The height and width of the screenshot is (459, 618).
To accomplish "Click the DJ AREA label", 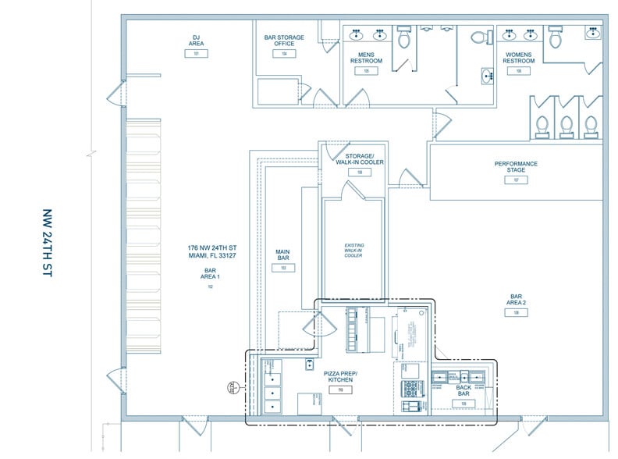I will (x=197, y=40).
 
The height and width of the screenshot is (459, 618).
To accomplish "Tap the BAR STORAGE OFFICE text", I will (x=284, y=41).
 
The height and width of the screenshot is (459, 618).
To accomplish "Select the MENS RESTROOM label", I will (x=365, y=57).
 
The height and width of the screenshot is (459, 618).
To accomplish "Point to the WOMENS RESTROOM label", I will (x=518, y=57).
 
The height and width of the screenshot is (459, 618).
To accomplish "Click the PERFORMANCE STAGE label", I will (x=516, y=167).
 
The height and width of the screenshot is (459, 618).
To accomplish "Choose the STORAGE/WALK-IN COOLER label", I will (x=360, y=159).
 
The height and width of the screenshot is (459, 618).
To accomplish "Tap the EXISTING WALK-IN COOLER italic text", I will (x=354, y=251).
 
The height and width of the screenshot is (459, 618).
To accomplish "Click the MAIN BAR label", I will (x=282, y=255).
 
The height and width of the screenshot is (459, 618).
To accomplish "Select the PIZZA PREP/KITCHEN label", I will (x=340, y=377).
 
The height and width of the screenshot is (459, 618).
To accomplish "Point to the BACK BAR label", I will (x=463, y=391).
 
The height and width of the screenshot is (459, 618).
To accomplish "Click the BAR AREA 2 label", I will (x=516, y=300).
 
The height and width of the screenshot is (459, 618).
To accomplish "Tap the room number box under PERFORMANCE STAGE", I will (x=516, y=180).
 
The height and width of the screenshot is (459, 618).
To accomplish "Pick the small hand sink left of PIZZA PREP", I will (x=310, y=362).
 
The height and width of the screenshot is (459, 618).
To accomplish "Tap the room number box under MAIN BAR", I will (x=282, y=268).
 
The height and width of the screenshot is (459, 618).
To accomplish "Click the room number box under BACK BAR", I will (x=463, y=404).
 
